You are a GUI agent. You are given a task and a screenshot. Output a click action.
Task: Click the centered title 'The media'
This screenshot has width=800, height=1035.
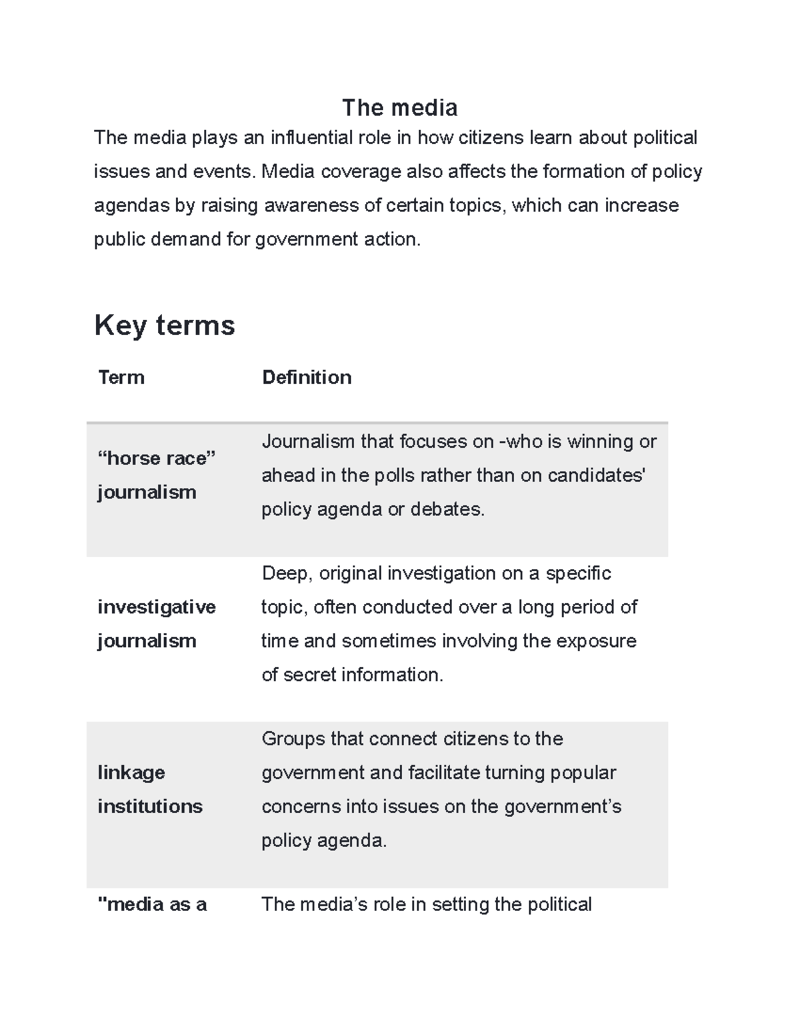coord(399,107)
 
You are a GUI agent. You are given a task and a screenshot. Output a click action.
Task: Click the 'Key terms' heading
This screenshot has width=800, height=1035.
coord(165,325)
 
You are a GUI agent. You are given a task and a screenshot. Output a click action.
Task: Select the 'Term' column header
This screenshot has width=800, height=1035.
coord(121,377)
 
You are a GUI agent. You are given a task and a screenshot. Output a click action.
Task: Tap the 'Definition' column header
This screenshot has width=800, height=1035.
coord(307,377)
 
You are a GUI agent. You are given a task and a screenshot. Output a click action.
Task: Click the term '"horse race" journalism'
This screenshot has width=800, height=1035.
coord(156,475)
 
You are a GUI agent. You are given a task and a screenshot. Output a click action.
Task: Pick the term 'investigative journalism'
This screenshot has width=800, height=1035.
coord(156,623)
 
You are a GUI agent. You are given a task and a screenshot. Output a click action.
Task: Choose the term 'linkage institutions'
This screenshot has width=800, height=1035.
coord(149,789)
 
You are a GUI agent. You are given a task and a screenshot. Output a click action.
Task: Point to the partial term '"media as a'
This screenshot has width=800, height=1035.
coord(152,904)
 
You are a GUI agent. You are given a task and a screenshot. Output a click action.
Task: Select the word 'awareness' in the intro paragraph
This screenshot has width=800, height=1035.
coord(311,205)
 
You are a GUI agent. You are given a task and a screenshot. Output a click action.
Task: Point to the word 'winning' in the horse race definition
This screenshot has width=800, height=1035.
coord(600,442)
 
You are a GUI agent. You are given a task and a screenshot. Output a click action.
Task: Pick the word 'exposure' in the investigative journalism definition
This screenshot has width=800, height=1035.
coord(596,641)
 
